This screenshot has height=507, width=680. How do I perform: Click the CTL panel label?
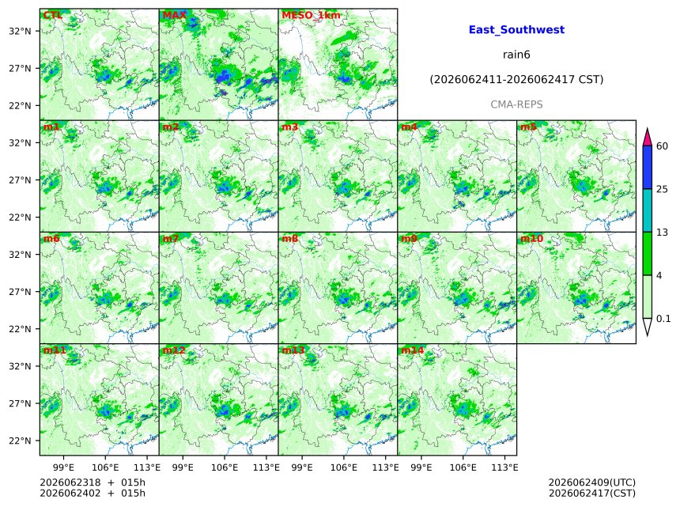click(52, 15)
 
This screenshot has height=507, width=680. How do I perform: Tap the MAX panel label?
click(174, 15)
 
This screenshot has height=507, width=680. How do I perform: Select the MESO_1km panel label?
click(311, 15)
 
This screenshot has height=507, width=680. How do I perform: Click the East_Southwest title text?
click(516, 29)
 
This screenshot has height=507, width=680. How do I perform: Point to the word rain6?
click(516, 55)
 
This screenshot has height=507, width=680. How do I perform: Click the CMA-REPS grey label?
click(516, 104)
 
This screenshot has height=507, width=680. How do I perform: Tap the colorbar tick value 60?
click(662, 146)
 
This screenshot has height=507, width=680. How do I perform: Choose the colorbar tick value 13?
click(662, 233)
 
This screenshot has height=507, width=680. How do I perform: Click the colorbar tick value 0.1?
click(663, 319)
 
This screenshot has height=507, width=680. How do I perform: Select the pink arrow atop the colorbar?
click(647, 138)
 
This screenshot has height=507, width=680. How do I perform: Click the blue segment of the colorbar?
click(647, 168)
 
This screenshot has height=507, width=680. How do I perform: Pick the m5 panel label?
click(528, 127)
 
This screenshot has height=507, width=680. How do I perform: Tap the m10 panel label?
click(531, 239)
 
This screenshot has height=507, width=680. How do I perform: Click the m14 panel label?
click(412, 350)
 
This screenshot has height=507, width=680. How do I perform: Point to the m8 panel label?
click(289, 239)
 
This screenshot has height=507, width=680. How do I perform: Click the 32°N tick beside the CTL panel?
click(20, 31)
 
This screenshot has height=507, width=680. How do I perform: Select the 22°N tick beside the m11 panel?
click(20, 441)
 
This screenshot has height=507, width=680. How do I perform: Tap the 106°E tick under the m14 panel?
click(463, 467)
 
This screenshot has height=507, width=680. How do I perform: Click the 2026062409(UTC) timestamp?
click(592, 482)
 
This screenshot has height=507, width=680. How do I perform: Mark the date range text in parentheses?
click(516, 79)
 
